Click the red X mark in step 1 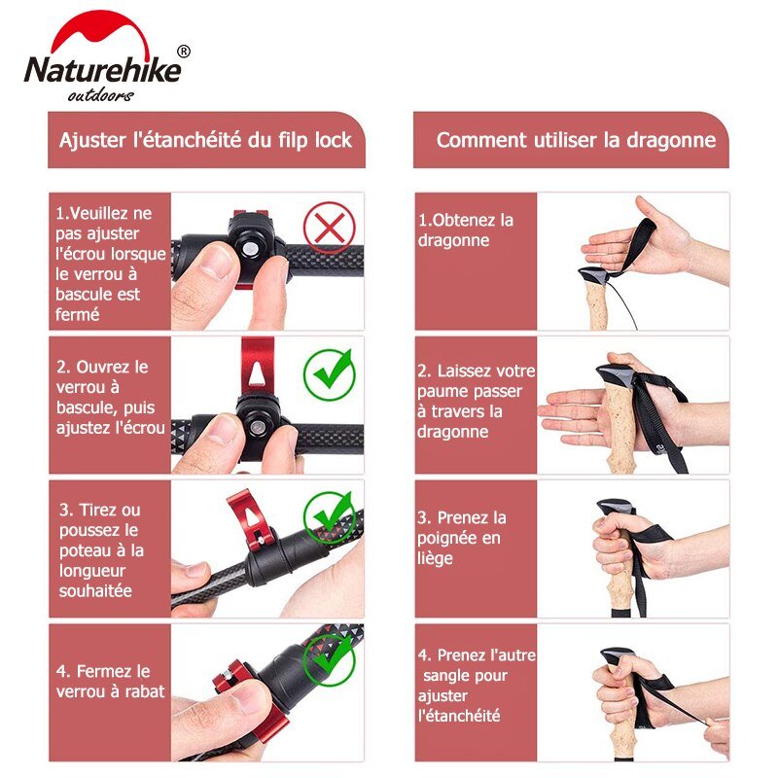click(x=330, y=228)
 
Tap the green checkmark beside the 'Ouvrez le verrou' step click(x=330, y=374)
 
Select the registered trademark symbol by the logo click(x=184, y=52)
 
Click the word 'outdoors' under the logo click(x=101, y=94)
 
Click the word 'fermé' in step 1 click(x=78, y=314)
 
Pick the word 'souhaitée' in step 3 click(x=95, y=591)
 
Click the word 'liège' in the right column click(x=435, y=558)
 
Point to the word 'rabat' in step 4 click(x=144, y=691)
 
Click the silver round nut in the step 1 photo click(x=250, y=249)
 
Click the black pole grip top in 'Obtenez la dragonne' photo click(x=593, y=274)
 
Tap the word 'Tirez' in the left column click(x=98, y=510)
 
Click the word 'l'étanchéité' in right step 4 click(x=459, y=716)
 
